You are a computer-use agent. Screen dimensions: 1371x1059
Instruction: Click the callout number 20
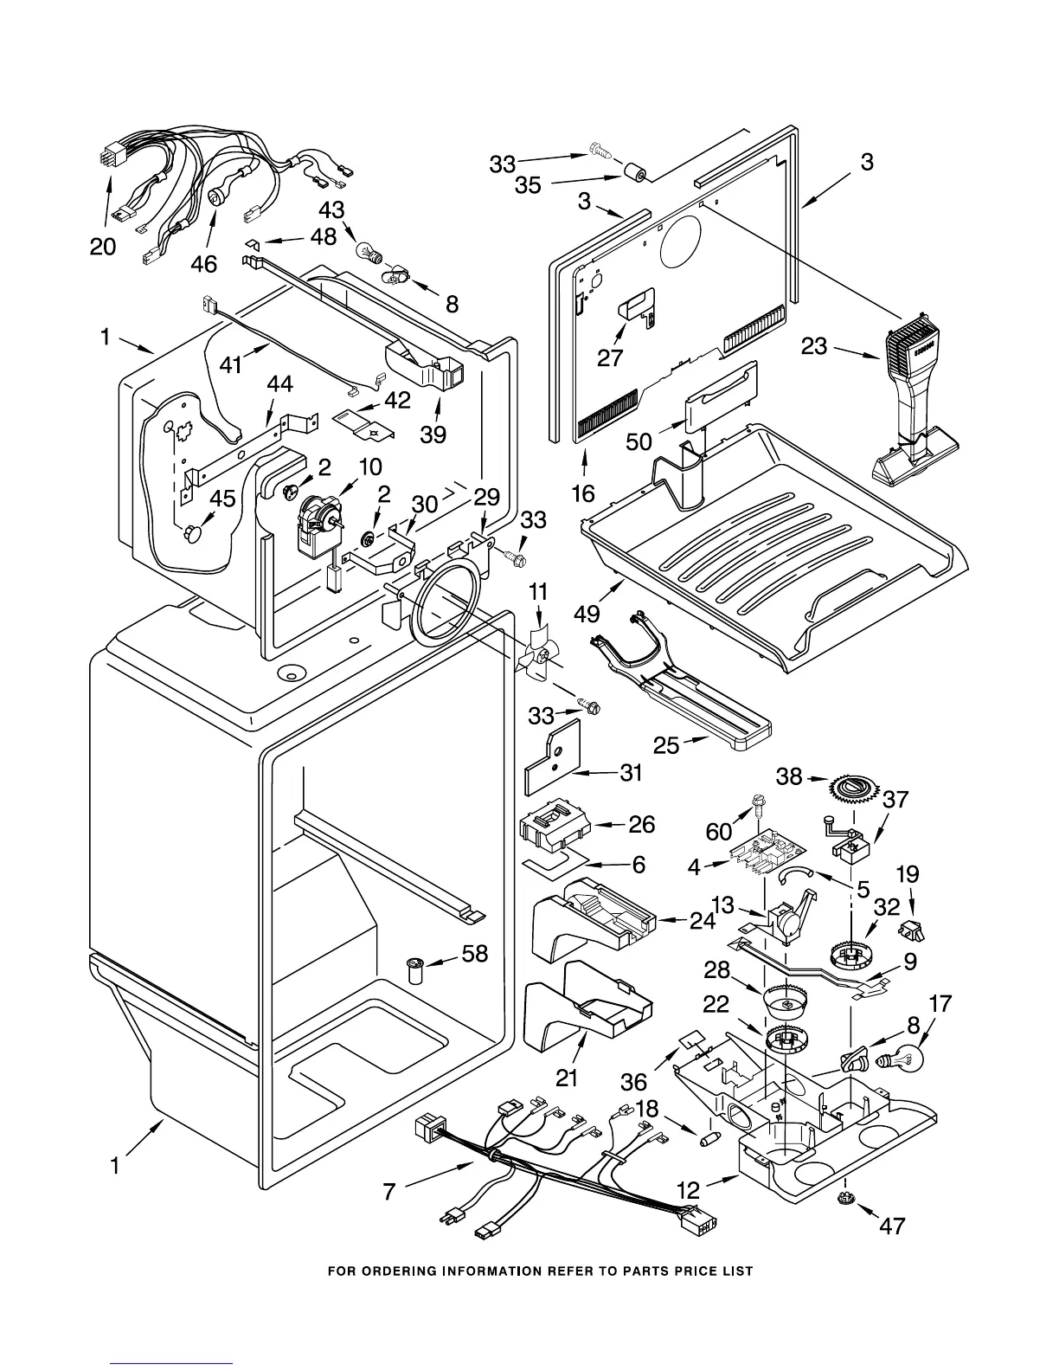pyautogui.click(x=103, y=247)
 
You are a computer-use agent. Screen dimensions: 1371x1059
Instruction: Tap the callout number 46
pyautogui.click(x=204, y=263)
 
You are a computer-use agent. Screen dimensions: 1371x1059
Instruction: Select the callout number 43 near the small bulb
pyautogui.click(x=331, y=210)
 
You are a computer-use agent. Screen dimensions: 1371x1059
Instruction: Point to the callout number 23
pyautogui.click(x=814, y=346)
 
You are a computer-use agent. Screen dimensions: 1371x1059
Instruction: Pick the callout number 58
pyautogui.click(x=475, y=954)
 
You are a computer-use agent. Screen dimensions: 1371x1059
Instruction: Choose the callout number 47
pyautogui.click(x=892, y=1226)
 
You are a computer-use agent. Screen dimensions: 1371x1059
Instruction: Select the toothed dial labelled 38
pyautogui.click(x=853, y=788)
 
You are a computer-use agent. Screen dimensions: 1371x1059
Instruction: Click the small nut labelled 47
pyautogui.click(x=845, y=1199)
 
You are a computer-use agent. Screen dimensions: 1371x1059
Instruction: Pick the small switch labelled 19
pyautogui.click(x=909, y=930)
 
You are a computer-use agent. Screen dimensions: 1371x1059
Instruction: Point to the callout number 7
pyautogui.click(x=389, y=1193)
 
